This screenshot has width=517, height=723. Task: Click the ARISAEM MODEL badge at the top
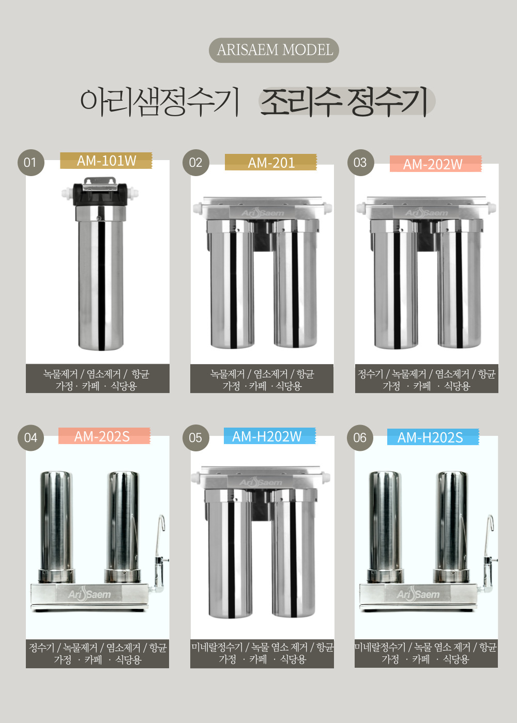click(274, 50)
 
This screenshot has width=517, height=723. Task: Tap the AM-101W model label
click(106, 161)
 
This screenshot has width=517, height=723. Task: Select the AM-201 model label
click(271, 162)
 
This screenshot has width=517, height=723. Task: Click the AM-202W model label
click(435, 164)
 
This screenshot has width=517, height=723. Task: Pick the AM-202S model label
click(104, 436)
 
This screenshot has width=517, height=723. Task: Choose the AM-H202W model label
click(269, 436)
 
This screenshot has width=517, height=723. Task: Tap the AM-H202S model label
click(433, 437)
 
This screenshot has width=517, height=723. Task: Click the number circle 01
click(31, 162)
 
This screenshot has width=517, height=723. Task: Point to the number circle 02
click(196, 162)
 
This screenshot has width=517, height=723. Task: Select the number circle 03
click(361, 162)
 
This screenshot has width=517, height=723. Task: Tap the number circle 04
click(31, 437)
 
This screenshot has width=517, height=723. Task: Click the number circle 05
click(196, 437)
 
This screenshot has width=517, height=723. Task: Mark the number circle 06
click(360, 437)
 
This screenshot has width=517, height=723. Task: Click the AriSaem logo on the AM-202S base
click(89, 593)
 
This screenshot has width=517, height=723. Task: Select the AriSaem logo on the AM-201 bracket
click(263, 212)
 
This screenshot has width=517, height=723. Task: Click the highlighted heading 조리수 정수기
click(346, 101)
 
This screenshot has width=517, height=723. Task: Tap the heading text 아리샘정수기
click(160, 101)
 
